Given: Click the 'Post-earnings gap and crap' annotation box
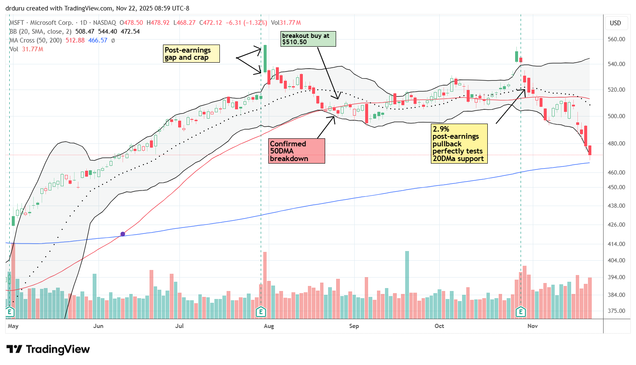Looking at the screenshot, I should [192, 54].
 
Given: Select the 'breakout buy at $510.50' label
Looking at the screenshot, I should [308, 39].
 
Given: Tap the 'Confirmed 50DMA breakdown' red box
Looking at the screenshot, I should [297, 151].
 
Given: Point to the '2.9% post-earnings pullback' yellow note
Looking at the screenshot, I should [459, 143].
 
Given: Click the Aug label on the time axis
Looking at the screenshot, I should [269, 326].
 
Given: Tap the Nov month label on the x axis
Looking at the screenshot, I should [532, 326].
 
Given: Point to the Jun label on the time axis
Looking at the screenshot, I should [98, 326].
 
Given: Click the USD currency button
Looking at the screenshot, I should [615, 23].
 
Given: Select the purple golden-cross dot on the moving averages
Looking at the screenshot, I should [123, 234].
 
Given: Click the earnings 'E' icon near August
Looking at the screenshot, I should [261, 312].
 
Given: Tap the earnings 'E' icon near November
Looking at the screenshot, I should [521, 312].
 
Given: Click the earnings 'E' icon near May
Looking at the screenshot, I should [9, 312].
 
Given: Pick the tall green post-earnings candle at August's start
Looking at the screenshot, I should [265, 58].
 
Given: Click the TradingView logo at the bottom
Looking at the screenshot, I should [48, 349].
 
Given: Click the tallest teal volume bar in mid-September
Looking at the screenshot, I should [407, 285].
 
